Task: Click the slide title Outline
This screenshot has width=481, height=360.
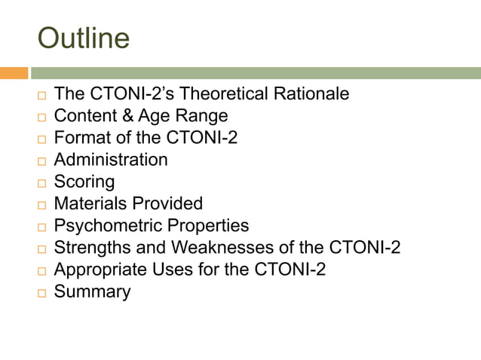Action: pyautogui.click(x=84, y=38)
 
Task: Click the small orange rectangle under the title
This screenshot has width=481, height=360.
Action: pyautogui.click(x=14, y=73)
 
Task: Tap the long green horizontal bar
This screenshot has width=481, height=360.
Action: pyautogui.click(x=256, y=73)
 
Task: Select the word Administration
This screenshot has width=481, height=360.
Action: pyautogui.click(x=111, y=160)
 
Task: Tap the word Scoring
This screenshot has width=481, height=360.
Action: pyautogui.click(x=84, y=182)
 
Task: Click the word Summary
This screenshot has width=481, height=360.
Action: pyautogui.click(x=92, y=291)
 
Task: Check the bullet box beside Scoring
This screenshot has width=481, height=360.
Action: pyautogui.click(x=42, y=183)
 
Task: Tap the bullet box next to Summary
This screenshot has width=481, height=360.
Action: pyautogui.click(x=42, y=293)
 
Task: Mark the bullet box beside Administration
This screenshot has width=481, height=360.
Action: pyautogui.click(x=42, y=161)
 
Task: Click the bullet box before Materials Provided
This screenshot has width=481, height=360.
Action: pyautogui.click(x=42, y=205)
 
